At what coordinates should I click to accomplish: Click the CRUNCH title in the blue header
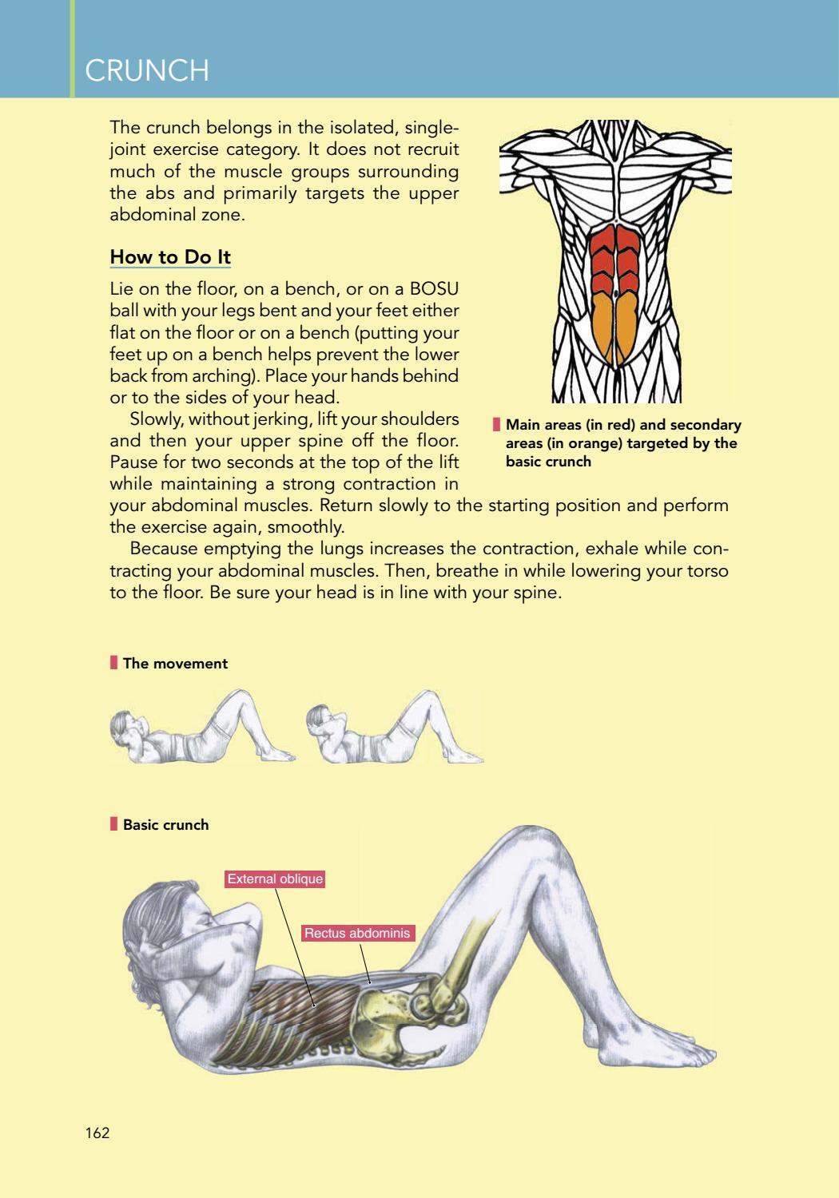coord(146,70)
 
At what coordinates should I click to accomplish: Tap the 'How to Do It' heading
coord(170,256)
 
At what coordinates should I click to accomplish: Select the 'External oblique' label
coord(275,879)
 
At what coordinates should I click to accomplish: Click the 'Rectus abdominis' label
coord(357,933)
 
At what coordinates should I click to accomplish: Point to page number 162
coord(97,1133)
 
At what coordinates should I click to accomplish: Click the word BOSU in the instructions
coord(434,289)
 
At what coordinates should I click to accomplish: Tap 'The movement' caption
coord(175,663)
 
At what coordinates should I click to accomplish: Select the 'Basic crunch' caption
coord(166,824)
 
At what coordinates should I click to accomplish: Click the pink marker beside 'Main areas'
coord(496,424)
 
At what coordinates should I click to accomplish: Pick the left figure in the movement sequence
coord(201,728)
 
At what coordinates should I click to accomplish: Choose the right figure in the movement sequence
coord(395,728)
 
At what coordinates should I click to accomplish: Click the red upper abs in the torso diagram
coord(615,259)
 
